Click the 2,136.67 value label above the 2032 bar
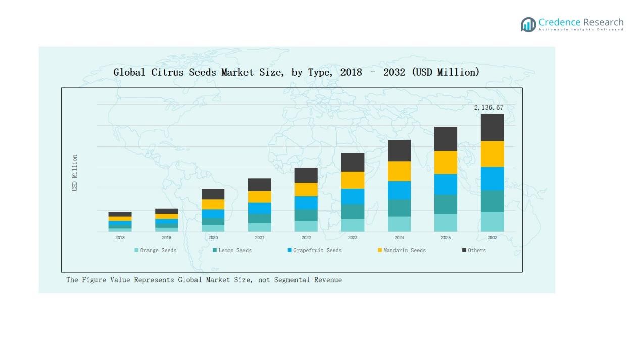coord(488,108)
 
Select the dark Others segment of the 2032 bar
coord(492,127)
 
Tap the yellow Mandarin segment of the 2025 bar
coord(446,163)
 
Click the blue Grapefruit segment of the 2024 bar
coord(399,190)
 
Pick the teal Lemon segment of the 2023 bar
coord(353,212)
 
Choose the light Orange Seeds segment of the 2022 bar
coord(306,226)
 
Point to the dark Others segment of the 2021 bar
coord(259,185)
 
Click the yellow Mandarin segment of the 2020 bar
coord(213,204)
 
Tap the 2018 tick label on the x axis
coord(120,238)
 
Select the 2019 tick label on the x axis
coord(166,238)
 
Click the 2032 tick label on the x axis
coord(492,238)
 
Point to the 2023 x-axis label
coord(353,238)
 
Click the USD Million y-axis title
coord(75,173)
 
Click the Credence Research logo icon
coord(528,24)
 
